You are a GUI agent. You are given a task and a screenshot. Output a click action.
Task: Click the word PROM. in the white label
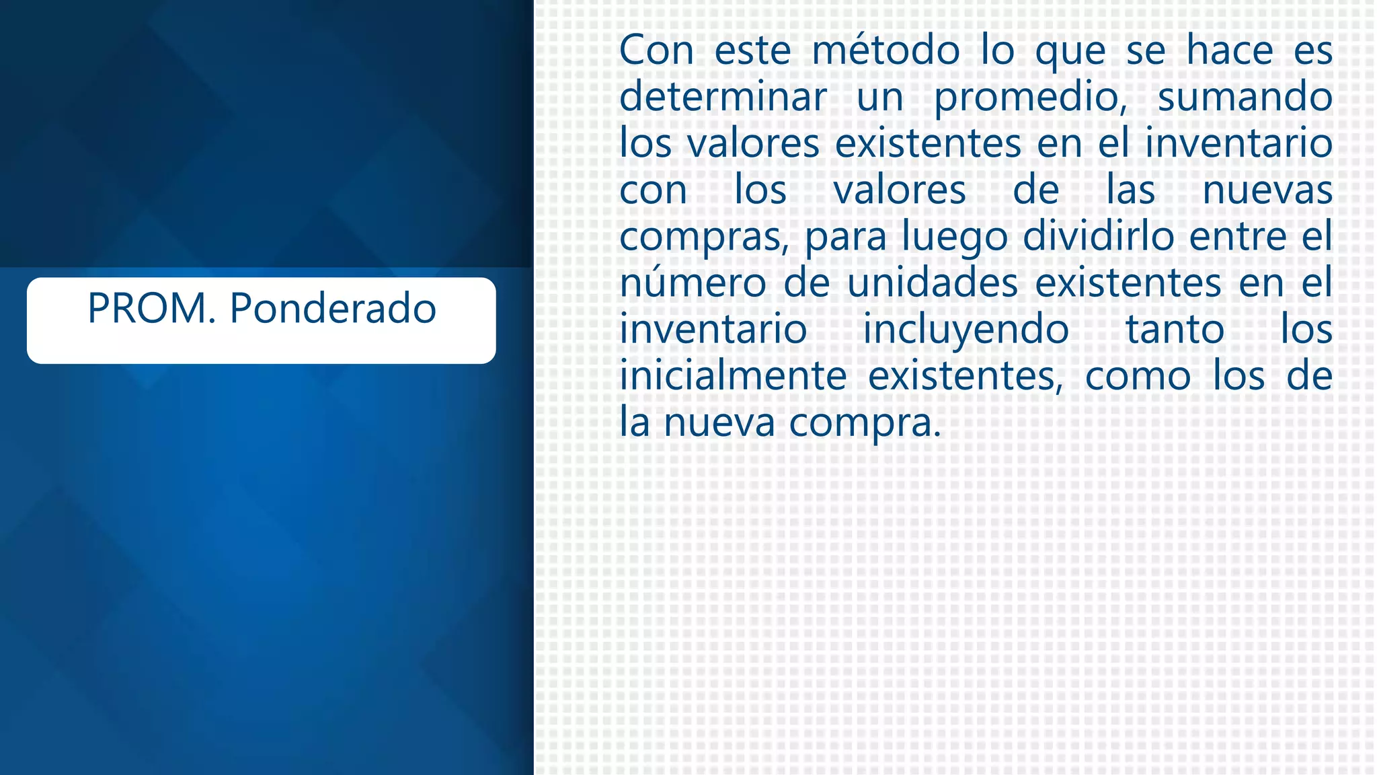coord(152,309)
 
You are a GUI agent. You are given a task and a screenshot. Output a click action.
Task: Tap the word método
coord(886,50)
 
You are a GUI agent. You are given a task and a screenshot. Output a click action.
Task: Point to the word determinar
coord(723,97)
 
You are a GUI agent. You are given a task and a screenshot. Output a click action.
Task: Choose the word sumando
coord(1245,97)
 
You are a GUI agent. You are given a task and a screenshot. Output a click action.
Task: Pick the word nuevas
coord(1267,190)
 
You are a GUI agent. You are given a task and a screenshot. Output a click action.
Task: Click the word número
coord(693,283)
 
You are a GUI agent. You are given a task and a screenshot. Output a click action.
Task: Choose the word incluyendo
coord(966,331)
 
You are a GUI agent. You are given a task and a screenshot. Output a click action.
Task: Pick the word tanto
coord(1175,330)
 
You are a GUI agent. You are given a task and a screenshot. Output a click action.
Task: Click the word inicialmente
coord(732,376)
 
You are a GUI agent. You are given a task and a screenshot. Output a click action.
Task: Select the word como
coord(1138,376)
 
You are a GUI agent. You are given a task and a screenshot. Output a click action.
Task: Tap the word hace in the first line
coord(1229,50)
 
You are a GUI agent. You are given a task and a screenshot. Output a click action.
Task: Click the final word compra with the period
coord(865,424)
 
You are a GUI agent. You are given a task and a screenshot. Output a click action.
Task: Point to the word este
coord(752,50)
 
